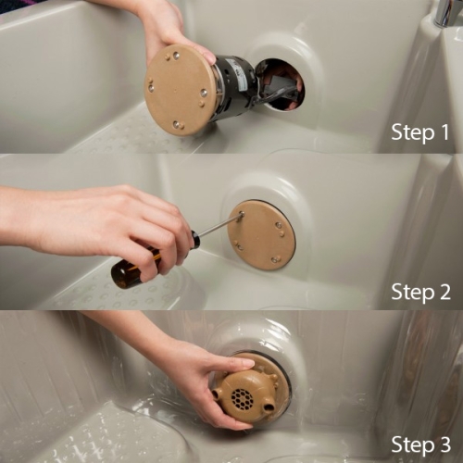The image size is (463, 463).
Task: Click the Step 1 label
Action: [420, 132]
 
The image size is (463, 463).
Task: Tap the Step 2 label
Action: [421, 292]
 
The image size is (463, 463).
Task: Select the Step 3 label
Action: [421, 444]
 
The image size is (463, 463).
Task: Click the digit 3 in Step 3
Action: [444, 444]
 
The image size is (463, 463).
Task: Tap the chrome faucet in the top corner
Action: [447, 12]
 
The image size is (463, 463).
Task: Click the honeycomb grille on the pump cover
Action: [243, 397]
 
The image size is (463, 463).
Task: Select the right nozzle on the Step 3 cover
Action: [269, 405]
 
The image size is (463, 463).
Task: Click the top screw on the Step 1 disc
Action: [176, 56]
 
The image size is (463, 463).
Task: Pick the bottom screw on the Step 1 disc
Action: [176, 125]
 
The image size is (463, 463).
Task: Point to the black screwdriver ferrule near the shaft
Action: [195, 240]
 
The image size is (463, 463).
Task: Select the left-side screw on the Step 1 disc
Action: [151, 89]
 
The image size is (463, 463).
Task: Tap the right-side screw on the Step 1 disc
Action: [204, 93]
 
